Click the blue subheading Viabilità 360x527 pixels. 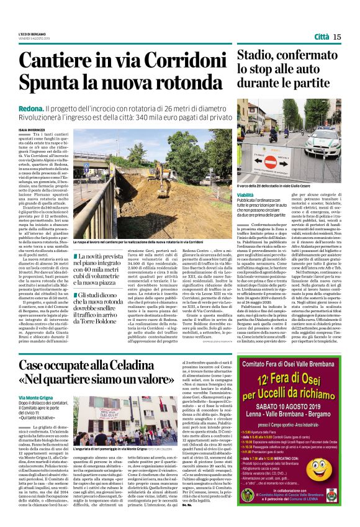(x=250, y=194)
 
